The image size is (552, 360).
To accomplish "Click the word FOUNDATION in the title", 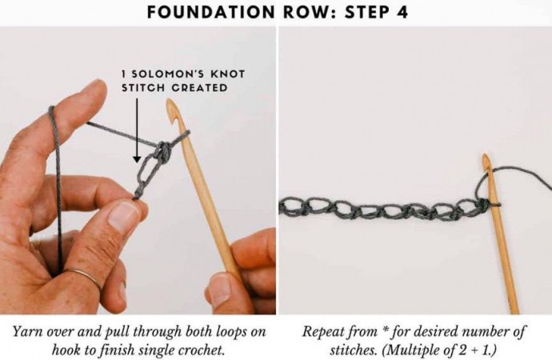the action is [x=210, y=12].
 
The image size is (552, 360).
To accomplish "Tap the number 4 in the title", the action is [x=402, y=12].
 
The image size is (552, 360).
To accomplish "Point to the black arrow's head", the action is [x=137, y=159].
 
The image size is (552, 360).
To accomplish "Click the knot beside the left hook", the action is [x=164, y=150].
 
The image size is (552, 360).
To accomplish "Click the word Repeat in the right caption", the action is [x=323, y=332].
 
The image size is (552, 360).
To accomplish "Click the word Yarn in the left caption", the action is [x=27, y=331].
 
